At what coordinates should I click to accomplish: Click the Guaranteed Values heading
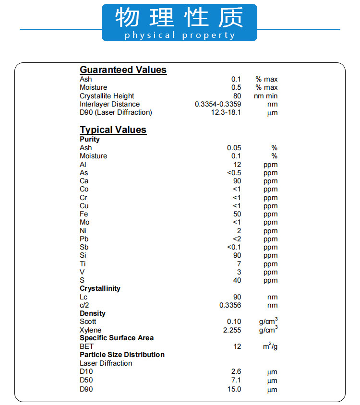[123, 70]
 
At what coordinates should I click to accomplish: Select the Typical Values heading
[113, 130]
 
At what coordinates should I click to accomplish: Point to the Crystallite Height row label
[107, 96]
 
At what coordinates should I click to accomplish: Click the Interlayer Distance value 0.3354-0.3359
[218, 104]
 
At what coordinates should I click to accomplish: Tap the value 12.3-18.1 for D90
[226, 112]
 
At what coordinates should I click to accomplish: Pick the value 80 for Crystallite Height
[237, 96]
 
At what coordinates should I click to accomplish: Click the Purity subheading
[90, 139]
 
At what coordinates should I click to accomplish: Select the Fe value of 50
[237, 214]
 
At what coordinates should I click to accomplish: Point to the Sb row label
[84, 247]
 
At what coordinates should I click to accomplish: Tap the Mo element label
[84, 222]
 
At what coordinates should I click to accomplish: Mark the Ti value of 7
[239, 264]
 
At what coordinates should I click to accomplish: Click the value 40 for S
[237, 280]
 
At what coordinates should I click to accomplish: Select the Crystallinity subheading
[100, 288]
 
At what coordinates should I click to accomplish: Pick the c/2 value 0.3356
[230, 305]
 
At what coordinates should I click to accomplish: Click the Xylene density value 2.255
[232, 330]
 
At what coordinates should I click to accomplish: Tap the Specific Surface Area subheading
[117, 338]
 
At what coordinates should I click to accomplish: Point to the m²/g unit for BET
[270, 346]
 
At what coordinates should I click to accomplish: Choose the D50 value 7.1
[236, 380]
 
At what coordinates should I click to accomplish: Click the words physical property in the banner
[180, 36]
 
